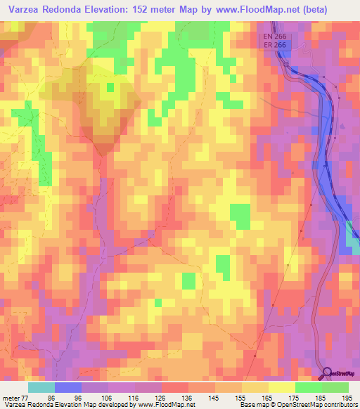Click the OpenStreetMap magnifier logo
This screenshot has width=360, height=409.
tap(327, 373)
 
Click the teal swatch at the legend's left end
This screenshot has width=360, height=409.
tap(41, 387)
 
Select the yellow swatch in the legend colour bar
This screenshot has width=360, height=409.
tap(281, 387)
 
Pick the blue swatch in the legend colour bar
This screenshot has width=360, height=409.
tap(68, 387)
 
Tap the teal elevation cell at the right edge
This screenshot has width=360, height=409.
tap(352, 238)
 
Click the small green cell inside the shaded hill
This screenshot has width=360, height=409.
tap(110, 88)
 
